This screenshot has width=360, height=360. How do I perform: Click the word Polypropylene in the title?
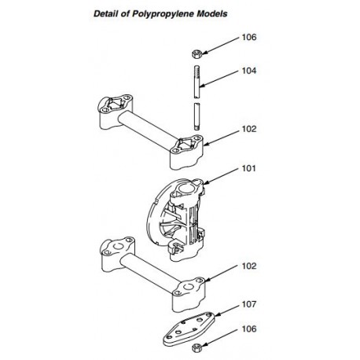click(x=163, y=14)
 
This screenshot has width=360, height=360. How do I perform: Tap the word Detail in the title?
click(x=105, y=13)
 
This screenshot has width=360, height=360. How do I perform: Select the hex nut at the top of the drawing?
click(x=196, y=54)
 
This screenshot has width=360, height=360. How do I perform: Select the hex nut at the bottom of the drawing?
click(x=197, y=347)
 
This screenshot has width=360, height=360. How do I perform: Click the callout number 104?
click(x=249, y=71)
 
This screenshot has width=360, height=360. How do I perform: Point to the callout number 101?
click(x=248, y=168)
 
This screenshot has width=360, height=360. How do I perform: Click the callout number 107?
click(x=249, y=304)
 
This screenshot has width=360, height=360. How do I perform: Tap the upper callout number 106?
click(x=249, y=37)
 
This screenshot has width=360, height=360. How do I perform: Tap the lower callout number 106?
click(x=249, y=329)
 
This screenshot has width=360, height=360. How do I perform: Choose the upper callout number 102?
click(x=249, y=129)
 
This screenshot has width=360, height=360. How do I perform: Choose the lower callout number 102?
click(x=249, y=266)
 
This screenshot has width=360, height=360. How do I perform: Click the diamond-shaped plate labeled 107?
click(x=189, y=329)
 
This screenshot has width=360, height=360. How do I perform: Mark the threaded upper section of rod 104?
click(x=198, y=82)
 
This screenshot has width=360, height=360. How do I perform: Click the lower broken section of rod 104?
click(x=198, y=116)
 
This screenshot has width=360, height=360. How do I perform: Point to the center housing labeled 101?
click(x=176, y=219)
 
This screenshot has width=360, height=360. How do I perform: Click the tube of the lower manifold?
click(x=150, y=274)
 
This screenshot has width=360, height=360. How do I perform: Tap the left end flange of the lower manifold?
click(x=117, y=255)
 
